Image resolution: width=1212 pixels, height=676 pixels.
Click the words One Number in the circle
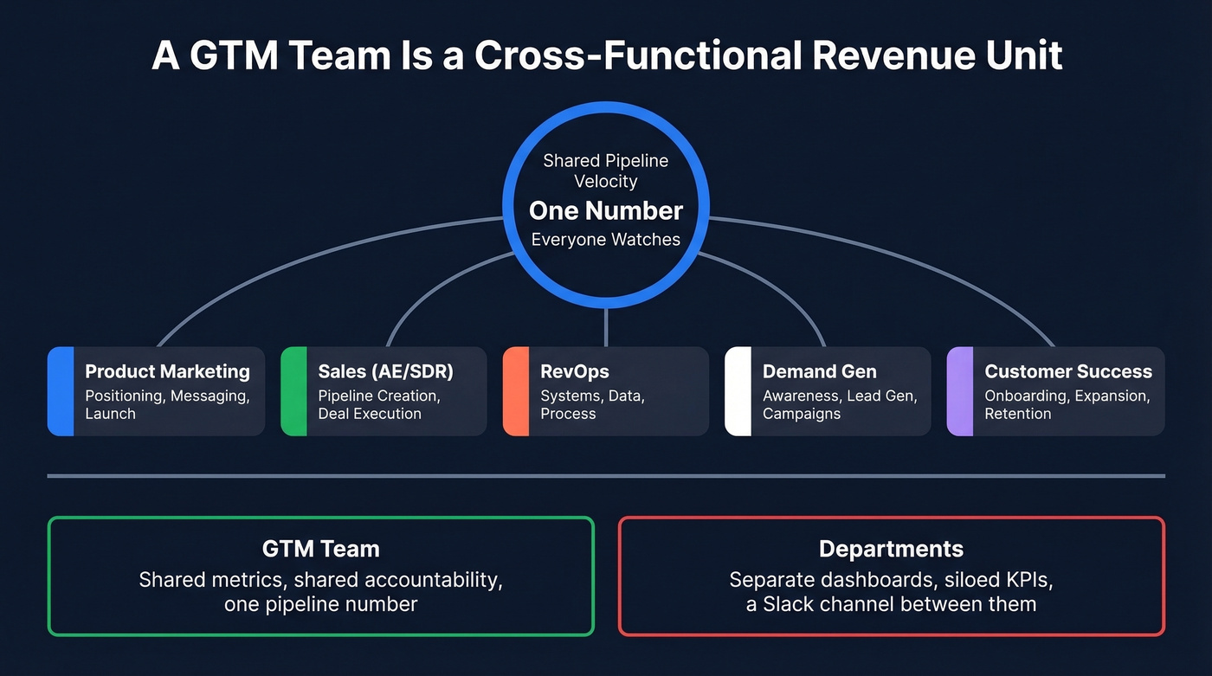pos(605,210)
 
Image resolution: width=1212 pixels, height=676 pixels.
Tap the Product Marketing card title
pos(167,371)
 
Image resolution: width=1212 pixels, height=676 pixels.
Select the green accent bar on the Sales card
pos(294,391)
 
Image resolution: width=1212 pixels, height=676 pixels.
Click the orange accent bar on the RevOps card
pos(516,391)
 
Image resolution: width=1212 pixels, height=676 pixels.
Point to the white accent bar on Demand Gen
pos(738,391)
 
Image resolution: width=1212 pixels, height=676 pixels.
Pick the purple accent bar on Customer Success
pos(960,391)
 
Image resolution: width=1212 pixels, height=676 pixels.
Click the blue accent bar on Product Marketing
pos(61,391)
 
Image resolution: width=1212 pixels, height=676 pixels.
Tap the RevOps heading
pos(575,371)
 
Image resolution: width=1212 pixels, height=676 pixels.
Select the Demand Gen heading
pos(819,371)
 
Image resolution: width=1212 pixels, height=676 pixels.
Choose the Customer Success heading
pos(1068,371)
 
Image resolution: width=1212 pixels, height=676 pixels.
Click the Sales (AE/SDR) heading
pos(385,371)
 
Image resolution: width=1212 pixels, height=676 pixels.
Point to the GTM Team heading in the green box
pos(320,549)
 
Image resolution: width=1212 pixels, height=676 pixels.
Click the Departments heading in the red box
pos(891,549)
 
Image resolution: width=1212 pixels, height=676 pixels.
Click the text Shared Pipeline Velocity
pos(605,171)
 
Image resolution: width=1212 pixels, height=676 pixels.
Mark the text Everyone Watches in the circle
pos(605,240)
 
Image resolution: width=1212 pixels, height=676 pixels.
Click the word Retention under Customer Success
pos(1017,414)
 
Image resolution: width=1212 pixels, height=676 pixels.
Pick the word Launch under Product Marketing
pos(110,414)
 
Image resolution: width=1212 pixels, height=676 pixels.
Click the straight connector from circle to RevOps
pos(606,328)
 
